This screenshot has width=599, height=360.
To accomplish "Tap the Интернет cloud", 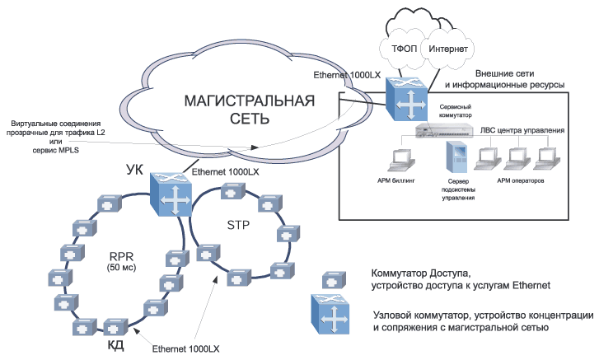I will [445, 49].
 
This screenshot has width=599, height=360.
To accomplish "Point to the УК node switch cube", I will [171, 193].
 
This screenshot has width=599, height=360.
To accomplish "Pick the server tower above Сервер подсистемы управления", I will [457, 157].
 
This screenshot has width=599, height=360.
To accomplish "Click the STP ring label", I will [239, 223].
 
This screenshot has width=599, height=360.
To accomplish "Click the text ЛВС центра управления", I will [523, 131].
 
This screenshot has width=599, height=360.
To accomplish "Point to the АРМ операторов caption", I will [521, 180].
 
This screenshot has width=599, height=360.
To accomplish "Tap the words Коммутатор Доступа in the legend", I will [421, 272].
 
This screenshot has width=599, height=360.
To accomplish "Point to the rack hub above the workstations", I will [446, 129].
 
